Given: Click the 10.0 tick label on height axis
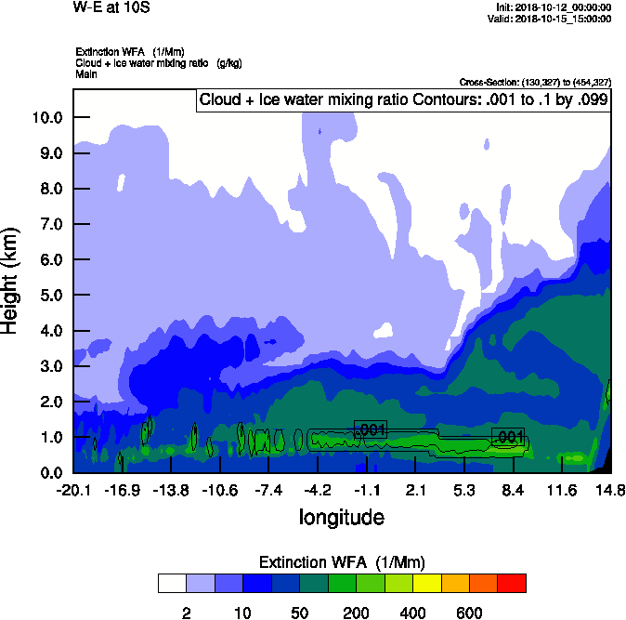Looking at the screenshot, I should click(x=46, y=117).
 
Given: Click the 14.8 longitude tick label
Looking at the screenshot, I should click(x=610, y=490).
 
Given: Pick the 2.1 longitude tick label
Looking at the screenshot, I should click(x=415, y=490).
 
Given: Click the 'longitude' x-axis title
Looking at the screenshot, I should click(x=341, y=516).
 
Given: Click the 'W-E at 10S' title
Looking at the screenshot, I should click(x=111, y=7).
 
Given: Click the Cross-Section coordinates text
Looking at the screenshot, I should click(x=535, y=83).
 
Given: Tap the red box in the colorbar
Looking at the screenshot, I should click(x=512, y=583).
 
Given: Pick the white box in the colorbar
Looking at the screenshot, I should click(x=172, y=583).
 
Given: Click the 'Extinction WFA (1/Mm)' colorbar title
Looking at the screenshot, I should click(x=341, y=562).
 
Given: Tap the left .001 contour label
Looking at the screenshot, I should click(x=371, y=429).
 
